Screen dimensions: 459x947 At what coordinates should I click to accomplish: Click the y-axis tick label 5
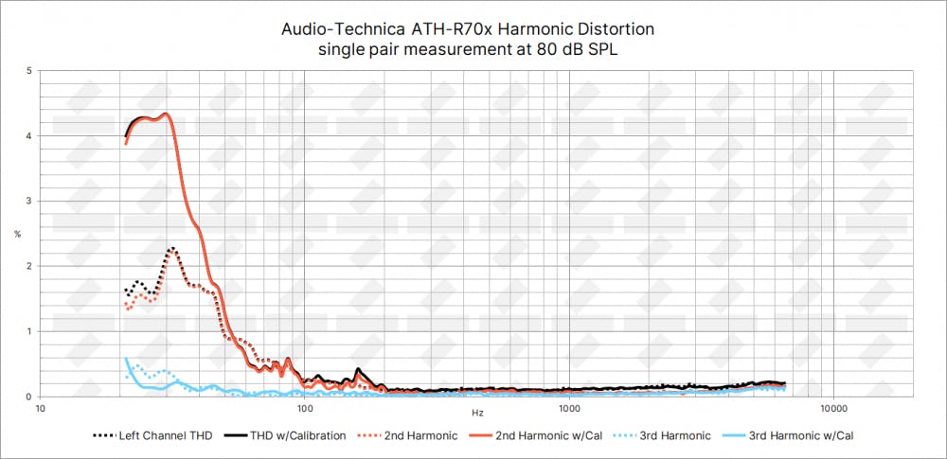(x=30, y=71)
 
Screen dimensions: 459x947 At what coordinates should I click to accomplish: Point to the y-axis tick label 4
(x=30, y=136)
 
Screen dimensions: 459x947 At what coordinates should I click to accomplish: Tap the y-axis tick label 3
(x=30, y=202)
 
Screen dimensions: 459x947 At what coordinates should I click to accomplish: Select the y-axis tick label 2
(x=30, y=266)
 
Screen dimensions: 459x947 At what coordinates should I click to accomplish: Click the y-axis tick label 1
(x=30, y=331)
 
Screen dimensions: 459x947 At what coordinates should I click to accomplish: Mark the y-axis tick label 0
(x=30, y=397)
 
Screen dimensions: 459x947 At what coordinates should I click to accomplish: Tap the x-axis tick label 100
(x=305, y=409)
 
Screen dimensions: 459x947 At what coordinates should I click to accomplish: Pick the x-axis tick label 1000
(x=569, y=409)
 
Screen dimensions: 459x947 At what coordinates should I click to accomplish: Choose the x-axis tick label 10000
(x=833, y=409)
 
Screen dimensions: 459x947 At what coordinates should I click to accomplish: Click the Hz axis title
(x=477, y=414)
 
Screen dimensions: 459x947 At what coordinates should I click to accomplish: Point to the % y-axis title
(x=17, y=234)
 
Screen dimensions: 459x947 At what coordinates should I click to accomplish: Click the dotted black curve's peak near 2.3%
(x=172, y=248)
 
